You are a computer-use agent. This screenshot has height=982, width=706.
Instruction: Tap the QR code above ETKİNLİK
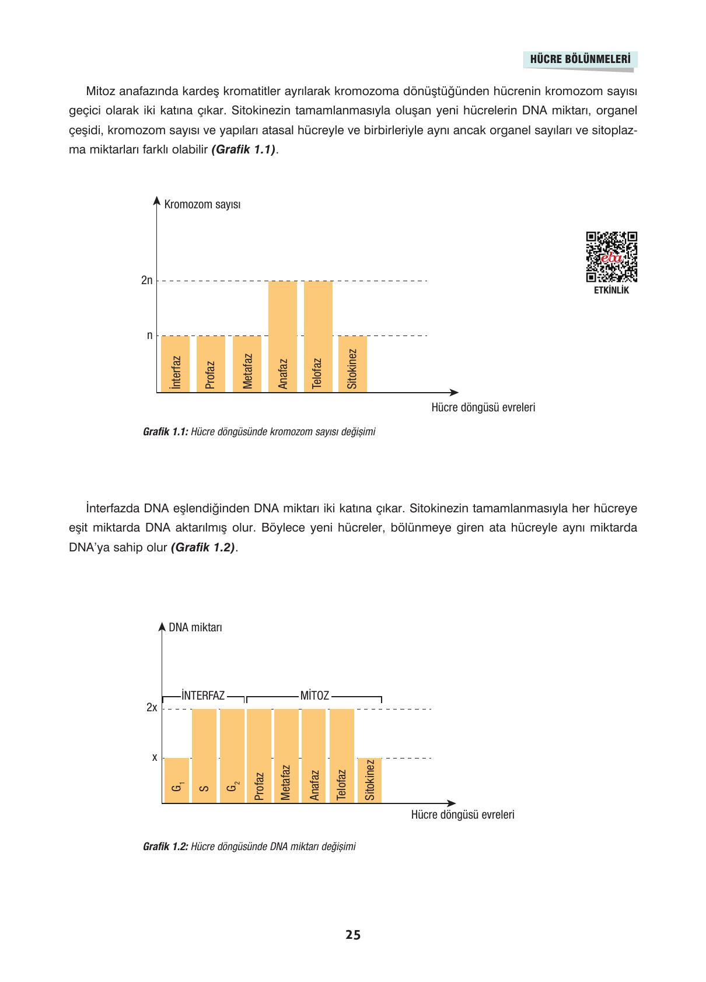[x=611, y=257]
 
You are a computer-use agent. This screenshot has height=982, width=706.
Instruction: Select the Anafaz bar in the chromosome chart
[x=282, y=336]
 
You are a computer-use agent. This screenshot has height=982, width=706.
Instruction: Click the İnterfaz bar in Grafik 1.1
[x=175, y=364]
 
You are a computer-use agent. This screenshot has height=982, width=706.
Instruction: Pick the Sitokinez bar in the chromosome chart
[x=352, y=364]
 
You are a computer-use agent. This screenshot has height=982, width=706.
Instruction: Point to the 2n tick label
[x=146, y=281]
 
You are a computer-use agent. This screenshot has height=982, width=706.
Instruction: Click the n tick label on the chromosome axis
[x=149, y=336]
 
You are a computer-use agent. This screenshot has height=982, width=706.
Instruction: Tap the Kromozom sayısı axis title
[x=202, y=205]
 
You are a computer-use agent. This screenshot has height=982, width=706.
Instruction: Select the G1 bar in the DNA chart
[x=177, y=781]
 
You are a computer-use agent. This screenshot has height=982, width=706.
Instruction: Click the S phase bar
[x=204, y=756]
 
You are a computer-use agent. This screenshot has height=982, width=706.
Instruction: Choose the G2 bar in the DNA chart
[x=232, y=756]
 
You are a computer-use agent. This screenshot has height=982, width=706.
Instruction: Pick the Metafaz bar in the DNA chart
[x=286, y=756]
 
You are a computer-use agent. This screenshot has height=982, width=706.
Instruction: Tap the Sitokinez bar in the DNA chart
[x=369, y=781]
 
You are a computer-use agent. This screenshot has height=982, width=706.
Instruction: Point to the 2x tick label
[x=152, y=708]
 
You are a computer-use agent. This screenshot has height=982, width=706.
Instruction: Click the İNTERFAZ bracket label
[x=203, y=696]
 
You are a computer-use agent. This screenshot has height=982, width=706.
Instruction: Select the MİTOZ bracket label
[x=314, y=696]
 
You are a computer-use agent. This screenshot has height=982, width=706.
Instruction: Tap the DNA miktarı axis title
[x=195, y=628]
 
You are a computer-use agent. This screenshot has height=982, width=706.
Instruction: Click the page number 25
[x=353, y=935]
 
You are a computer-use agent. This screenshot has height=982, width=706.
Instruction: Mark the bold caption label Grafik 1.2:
[x=165, y=847]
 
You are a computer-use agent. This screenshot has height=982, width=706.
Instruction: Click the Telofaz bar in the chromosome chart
[x=318, y=336]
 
